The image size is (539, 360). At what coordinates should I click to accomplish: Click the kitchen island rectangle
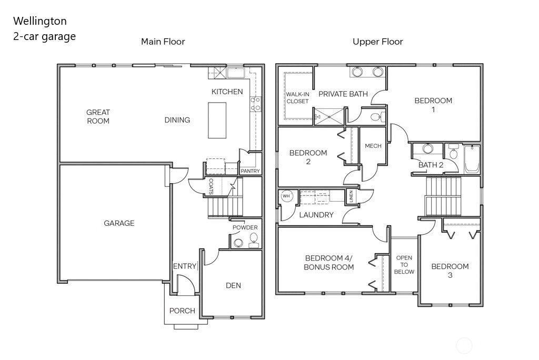[217, 120]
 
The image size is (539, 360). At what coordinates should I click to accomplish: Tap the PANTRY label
[250, 171]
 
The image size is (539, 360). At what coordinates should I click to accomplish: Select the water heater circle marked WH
[286, 196]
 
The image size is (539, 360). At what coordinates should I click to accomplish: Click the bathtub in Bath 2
[472, 159]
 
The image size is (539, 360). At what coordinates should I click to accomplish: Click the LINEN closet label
[351, 196]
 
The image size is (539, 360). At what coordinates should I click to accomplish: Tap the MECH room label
[373, 146]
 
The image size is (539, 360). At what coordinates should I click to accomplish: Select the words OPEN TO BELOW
[404, 264]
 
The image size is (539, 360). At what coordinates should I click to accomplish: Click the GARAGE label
[119, 223]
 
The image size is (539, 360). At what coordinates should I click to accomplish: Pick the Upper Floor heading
[378, 42]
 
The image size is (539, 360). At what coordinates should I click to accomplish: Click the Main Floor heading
[163, 42]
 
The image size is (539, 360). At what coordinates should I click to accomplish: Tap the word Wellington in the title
[40, 21]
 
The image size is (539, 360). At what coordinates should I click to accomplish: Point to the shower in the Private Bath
[330, 116]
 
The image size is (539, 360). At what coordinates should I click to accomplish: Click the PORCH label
[182, 311]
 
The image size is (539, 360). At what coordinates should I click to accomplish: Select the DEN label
[233, 285]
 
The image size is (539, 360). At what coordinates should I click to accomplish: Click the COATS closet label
[211, 186]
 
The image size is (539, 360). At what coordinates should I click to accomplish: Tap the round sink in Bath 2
[427, 148]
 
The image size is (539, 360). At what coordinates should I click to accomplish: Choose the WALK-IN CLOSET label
[298, 98]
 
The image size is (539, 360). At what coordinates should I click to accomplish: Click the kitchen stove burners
[255, 104]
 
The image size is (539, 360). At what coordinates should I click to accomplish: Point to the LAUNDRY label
[316, 215]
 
